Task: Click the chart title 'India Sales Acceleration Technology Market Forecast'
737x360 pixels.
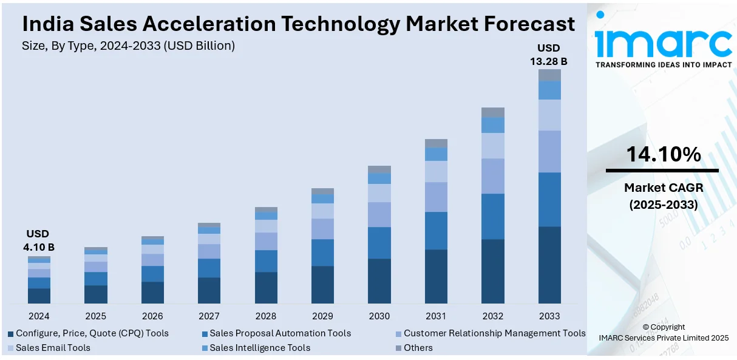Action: [298, 24]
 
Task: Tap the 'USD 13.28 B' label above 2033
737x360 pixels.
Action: [549, 55]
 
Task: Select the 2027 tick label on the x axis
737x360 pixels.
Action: [209, 316]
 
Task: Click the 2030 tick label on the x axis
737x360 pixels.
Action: [379, 316]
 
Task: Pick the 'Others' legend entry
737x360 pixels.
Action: [418, 348]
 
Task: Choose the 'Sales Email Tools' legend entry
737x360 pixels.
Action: [53, 348]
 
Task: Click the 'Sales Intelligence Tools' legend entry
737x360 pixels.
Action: [260, 348]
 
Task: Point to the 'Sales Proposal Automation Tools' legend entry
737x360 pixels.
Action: [280, 333]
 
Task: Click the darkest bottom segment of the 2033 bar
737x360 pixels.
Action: [549, 265]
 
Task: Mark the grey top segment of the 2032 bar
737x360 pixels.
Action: [493, 112]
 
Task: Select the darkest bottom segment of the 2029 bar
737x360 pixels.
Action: [322, 284]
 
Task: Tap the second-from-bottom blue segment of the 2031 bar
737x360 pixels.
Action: [436, 231]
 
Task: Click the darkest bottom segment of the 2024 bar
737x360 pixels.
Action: [39, 296]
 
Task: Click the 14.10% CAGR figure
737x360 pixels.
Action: [664, 155]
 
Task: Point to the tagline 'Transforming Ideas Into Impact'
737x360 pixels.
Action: [664, 65]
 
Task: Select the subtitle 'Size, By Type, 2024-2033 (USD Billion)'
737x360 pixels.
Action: [128, 46]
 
